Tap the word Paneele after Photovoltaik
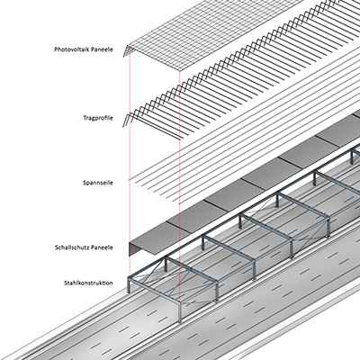[103, 49]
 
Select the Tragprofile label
[98, 118]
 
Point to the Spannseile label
[98, 183]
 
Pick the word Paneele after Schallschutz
[103, 247]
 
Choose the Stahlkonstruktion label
[88, 283]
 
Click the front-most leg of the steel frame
[180, 312]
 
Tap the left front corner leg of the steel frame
[129, 285]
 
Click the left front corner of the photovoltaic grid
[129, 46]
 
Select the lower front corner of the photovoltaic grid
[179, 71]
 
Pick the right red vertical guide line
[179, 186]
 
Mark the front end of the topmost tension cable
[130, 180]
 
